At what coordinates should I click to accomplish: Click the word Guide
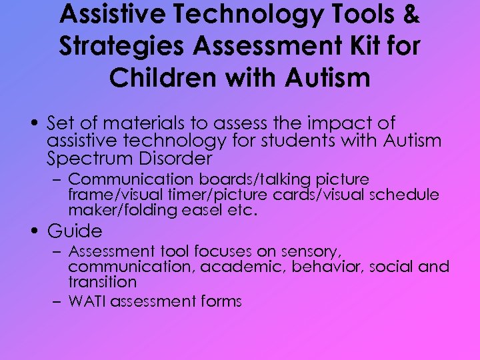pyautogui.click(x=75, y=231)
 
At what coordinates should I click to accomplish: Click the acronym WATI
pyautogui.click(x=88, y=301)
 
